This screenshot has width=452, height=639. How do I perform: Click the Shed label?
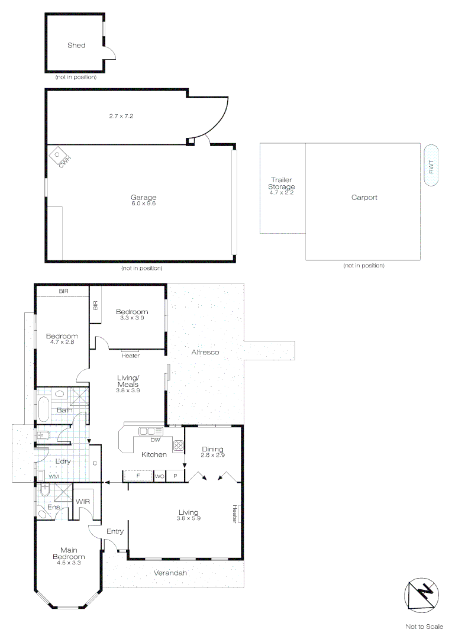coord(76,45)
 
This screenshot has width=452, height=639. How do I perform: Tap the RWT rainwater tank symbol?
coord(431,166)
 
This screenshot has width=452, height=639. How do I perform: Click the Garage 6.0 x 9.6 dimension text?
coord(143,204)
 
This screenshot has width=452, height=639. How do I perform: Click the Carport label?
coord(364,198)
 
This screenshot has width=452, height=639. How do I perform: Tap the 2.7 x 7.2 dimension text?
coord(121,116)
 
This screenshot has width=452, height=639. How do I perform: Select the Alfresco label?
coord(205,352)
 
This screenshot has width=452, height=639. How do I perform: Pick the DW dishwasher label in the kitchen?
coord(156,440)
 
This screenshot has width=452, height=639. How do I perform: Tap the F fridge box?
coord(138,476)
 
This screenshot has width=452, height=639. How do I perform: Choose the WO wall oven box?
coord(159,476)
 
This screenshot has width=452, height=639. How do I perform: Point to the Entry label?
coord(115,531)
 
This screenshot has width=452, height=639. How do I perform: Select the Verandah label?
coord(170,573)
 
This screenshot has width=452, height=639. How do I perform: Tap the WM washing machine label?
coord(53,476)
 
